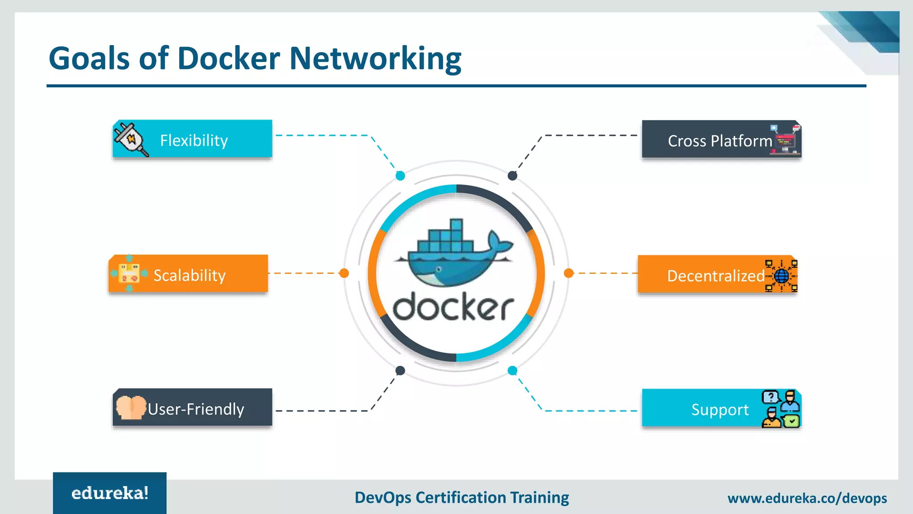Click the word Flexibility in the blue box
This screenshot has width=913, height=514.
[194, 141]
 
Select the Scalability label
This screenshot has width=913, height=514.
[189, 275]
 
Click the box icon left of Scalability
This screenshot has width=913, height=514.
[129, 273]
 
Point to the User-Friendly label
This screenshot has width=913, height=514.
[196, 409]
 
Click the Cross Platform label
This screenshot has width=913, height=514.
[720, 141]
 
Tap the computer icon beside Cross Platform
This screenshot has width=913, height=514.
[786, 140]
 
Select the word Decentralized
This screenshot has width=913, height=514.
[716, 276]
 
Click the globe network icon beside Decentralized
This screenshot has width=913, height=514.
[781, 276]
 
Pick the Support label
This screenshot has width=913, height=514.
[720, 410]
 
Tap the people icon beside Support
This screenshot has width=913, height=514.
[781, 409]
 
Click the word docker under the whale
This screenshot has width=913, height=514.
[453, 307]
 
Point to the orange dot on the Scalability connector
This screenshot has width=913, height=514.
[344, 273]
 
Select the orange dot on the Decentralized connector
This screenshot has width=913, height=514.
[568, 273]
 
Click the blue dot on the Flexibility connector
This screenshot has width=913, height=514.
[400, 176]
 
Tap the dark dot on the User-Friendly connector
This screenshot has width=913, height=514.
[400, 370]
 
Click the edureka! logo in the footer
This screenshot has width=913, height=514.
[110, 493]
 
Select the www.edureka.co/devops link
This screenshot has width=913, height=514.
[807, 498]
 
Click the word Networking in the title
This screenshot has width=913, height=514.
[375, 58]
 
